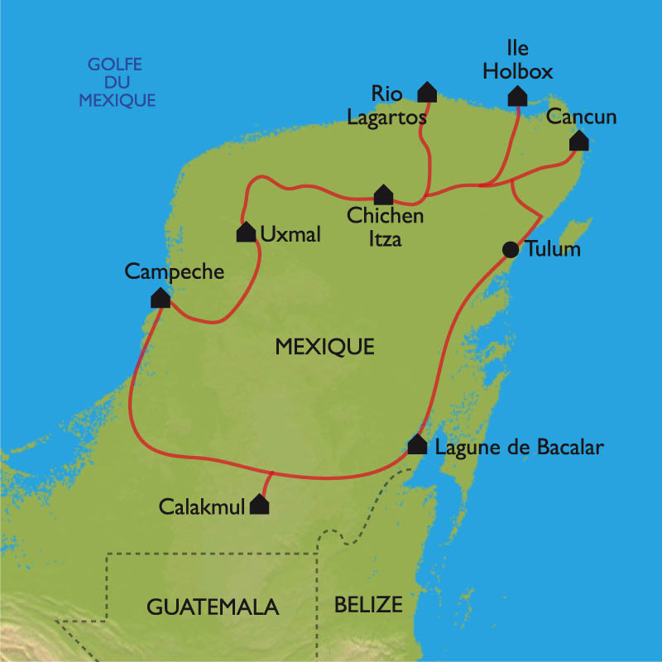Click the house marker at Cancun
click(x=579, y=142)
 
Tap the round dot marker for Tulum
click(x=511, y=249)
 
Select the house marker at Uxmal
click(x=246, y=233)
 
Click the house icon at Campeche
click(x=161, y=298)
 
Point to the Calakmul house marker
click(x=260, y=505)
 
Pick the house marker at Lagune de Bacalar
click(x=418, y=446)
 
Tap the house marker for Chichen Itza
click(x=383, y=195)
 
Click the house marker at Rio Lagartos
click(x=427, y=92)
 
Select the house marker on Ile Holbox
click(x=518, y=97)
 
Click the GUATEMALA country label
click(x=213, y=607)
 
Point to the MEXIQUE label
click(x=324, y=347)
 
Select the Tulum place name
click(x=554, y=249)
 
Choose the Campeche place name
click(x=175, y=271)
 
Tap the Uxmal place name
click(x=290, y=234)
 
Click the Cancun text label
click(x=583, y=118)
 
